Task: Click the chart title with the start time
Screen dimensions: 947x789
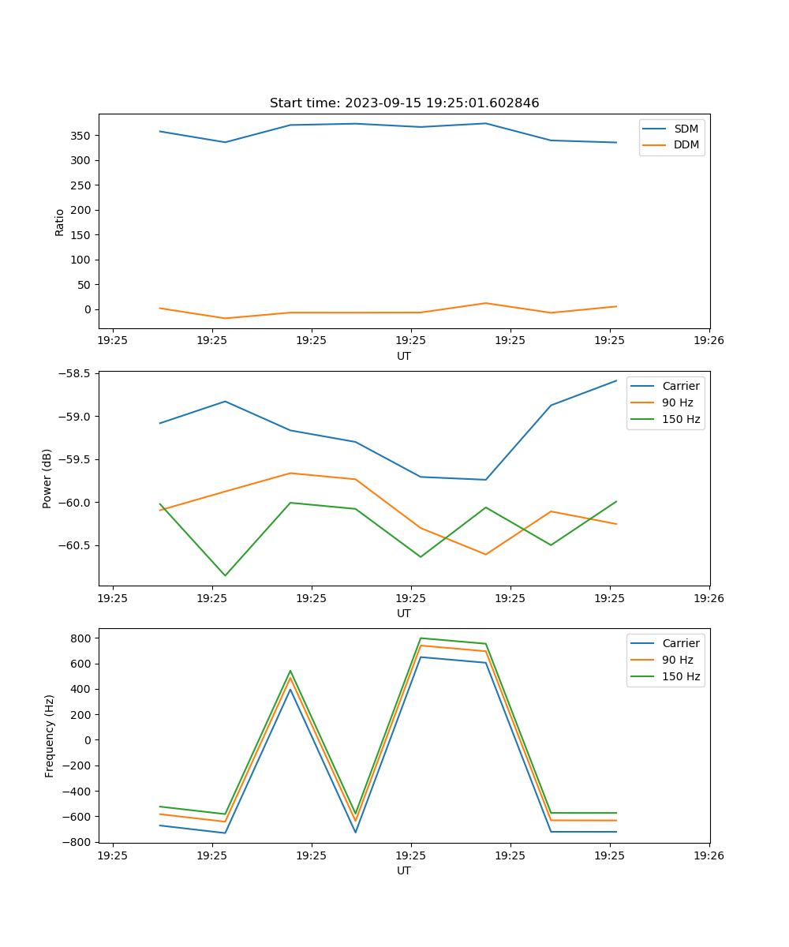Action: coord(404,103)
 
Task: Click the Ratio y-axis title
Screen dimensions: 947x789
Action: coord(60,222)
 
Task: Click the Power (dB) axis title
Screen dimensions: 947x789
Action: coord(47,478)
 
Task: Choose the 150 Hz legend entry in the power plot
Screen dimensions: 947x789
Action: coord(681,419)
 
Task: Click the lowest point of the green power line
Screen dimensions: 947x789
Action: coord(225,575)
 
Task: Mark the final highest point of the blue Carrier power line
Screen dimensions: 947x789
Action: coord(616,380)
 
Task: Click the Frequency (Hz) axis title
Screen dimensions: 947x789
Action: coord(50,736)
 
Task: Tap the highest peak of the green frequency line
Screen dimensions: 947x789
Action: coord(421,638)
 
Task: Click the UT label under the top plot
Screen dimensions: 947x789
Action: coord(404,356)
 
